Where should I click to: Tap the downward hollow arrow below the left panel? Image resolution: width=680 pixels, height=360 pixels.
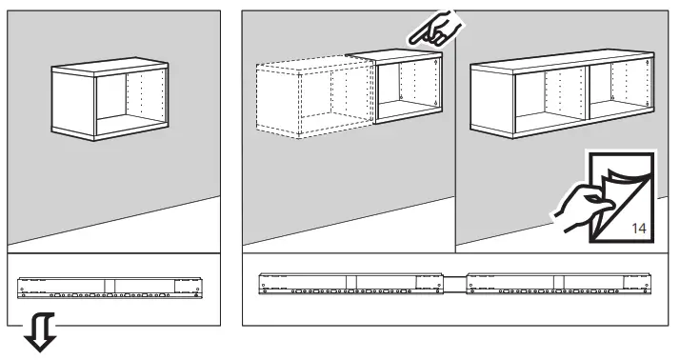[38, 335]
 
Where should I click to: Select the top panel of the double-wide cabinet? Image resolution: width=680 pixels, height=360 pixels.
[562, 57]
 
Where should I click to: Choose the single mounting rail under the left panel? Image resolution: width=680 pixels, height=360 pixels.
[110, 285]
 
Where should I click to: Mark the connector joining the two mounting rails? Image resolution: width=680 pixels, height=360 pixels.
[459, 282]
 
